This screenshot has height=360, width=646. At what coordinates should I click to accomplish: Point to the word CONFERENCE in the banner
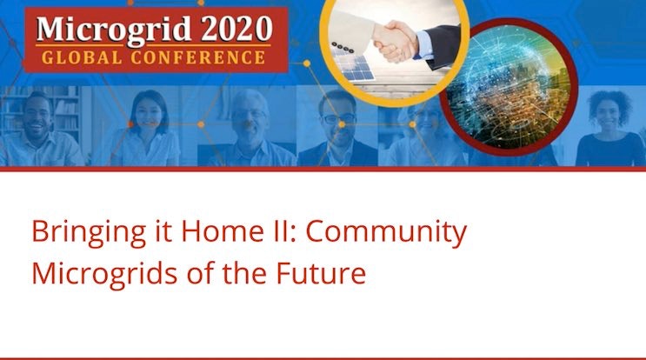(199, 58)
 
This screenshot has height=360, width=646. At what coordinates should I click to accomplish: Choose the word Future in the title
(322, 273)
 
